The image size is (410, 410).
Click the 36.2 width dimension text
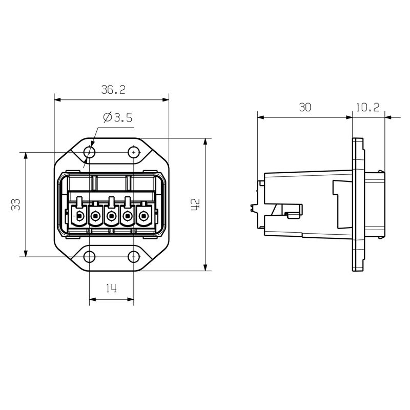(x=113, y=90)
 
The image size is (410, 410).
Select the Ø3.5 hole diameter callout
(x=117, y=118)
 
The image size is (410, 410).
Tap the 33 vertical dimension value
(x=16, y=204)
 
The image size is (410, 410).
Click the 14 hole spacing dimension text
(x=111, y=289)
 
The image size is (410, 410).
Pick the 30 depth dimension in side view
(x=305, y=107)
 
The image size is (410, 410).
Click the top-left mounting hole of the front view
(x=90, y=152)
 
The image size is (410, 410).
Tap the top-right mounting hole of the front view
(x=134, y=152)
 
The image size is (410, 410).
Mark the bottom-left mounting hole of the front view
(x=90, y=257)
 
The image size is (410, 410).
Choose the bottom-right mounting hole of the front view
(x=134, y=257)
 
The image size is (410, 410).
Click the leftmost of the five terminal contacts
(x=79, y=217)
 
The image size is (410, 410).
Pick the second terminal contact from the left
(x=95, y=217)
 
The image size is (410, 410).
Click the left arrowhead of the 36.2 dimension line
(x=57, y=99)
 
